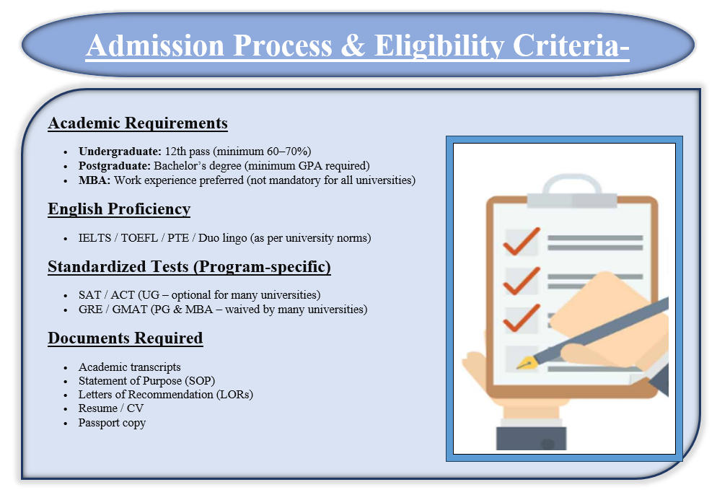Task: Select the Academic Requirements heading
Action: pos(138,123)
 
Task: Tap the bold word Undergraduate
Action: pos(120,152)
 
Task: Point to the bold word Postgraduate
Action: pos(114,166)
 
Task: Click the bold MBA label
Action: pos(94,180)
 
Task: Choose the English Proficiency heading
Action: pos(119,209)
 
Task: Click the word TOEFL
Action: pos(139,238)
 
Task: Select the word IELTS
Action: pos(94,238)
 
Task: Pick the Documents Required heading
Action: pos(126,338)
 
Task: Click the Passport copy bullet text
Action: pos(112,423)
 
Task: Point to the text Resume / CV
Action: pos(110,408)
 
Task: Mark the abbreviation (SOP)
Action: pos(199,380)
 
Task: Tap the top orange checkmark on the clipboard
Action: pos(522,241)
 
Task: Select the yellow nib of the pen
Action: pos(526,363)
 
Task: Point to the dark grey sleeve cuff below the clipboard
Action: pos(532,438)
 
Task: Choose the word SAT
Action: pos(89,295)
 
